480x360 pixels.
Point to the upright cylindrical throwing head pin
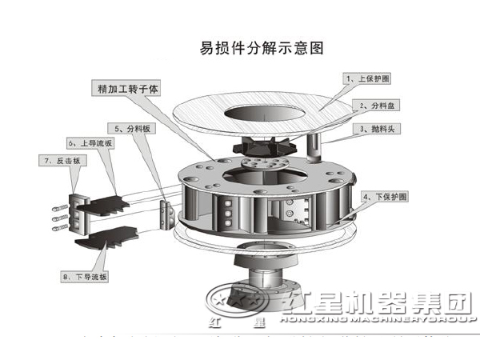click(x=314, y=149)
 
